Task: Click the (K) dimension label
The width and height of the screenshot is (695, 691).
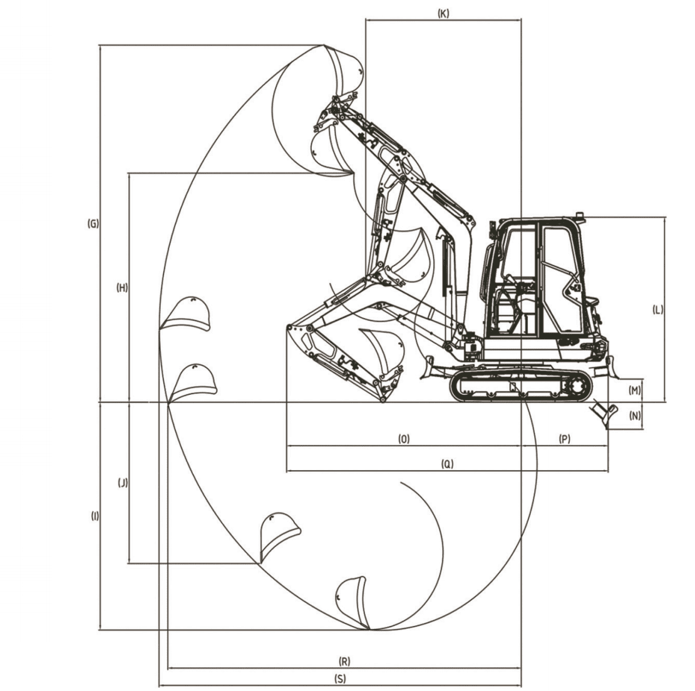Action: (443, 13)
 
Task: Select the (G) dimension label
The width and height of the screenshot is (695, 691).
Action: (93, 223)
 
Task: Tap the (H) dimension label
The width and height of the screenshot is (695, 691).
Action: (122, 287)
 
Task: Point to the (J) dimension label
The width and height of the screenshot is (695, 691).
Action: (123, 483)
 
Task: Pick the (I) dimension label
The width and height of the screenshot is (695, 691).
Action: (95, 516)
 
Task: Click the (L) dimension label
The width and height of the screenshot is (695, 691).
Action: (658, 310)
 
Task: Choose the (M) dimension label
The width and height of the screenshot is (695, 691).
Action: (635, 390)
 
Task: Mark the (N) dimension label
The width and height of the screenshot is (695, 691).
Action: (635, 416)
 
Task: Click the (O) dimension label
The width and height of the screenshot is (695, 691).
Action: (404, 439)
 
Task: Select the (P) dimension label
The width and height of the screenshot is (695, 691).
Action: (565, 439)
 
